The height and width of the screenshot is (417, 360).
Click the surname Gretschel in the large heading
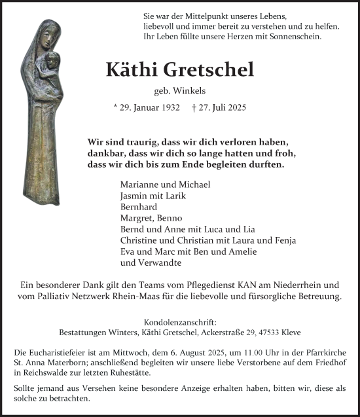(213, 70)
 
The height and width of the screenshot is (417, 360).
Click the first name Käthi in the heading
(134, 70)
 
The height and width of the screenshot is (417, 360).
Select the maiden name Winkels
(198, 92)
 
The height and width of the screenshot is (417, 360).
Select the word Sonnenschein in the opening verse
(292, 37)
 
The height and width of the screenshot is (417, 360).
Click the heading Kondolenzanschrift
(179, 322)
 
